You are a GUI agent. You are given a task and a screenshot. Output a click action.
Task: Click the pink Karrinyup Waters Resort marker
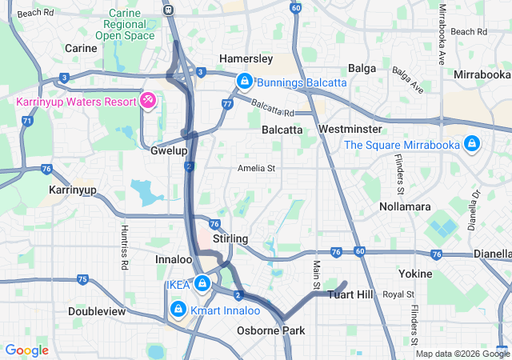[x=147, y=100]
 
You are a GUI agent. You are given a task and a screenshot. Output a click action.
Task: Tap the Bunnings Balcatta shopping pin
[x=243, y=81]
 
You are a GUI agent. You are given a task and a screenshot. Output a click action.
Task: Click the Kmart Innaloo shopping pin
[x=178, y=308]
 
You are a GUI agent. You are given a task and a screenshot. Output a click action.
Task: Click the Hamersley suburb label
[x=246, y=58]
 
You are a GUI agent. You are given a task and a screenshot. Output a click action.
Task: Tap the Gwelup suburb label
[x=169, y=150]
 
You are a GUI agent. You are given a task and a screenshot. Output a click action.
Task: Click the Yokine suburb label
[x=414, y=273]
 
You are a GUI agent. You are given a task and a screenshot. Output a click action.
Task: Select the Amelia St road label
[x=256, y=168]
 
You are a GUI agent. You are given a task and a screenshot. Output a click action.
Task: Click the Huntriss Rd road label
[x=124, y=241]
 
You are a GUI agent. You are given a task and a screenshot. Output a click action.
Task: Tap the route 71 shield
[x=28, y=121]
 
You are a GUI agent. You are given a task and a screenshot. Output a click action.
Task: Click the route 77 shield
[x=227, y=104]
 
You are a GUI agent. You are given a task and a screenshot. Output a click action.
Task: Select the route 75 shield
[x=83, y=279]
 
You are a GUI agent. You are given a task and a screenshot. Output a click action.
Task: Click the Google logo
[x=26, y=350]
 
